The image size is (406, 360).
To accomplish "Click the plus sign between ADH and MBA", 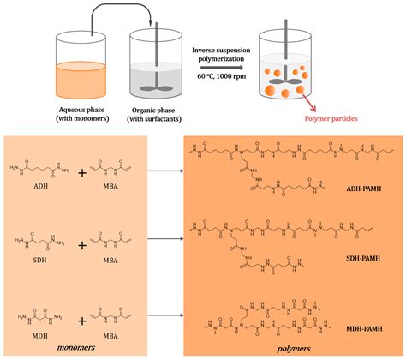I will click(81, 171).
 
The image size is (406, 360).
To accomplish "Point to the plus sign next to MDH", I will click(81, 318).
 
